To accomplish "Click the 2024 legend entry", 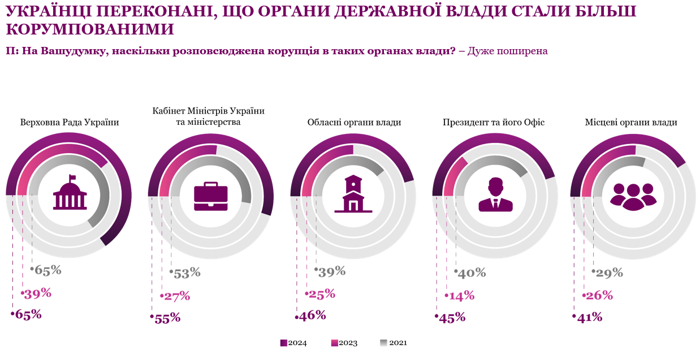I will (294, 343).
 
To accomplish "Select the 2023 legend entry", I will (344, 343).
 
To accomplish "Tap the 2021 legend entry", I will (394, 343).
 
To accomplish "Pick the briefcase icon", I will (210, 196).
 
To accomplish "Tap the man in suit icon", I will (495, 195).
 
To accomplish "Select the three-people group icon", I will (633, 196).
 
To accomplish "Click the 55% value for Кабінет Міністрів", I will (167, 318).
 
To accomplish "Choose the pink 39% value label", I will (37, 293).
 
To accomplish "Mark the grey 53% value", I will (187, 273).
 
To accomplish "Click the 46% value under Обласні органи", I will (312, 315).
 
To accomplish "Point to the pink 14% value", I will (461, 296).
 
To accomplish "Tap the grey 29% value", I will (609, 273).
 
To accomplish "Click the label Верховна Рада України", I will (70, 122).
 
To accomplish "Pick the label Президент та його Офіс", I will (493, 122).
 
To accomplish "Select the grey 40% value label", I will (472, 273).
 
